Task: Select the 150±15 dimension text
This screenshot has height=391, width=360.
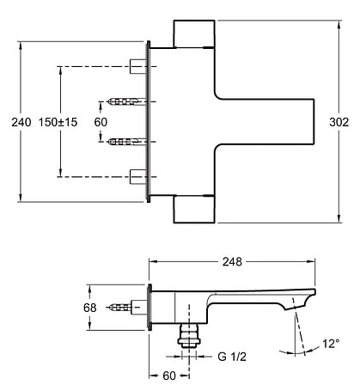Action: click(58, 122)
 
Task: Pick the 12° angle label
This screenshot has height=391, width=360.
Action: click(331, 342)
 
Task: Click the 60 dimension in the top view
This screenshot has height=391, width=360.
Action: click(101, 122)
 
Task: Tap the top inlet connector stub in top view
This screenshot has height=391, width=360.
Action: click(137, 65)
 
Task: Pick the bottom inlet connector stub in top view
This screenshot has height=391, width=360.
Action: click(137, 177)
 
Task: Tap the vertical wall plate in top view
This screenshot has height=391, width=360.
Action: click(151, 121)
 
